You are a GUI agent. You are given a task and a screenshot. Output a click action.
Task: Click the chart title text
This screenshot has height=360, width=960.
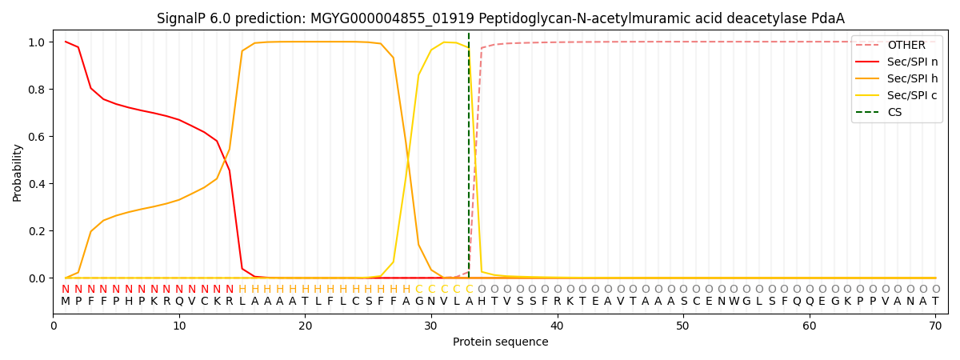tap(500, 18)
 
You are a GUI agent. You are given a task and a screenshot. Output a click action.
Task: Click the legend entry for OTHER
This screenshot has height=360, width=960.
tap(906, 46)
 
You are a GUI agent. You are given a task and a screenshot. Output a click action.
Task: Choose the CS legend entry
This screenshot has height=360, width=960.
tap(894, 113)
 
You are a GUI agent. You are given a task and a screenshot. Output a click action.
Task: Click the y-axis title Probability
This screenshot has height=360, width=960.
tap(18, 172)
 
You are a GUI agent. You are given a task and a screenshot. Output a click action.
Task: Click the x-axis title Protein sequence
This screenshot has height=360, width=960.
tap(500, 342)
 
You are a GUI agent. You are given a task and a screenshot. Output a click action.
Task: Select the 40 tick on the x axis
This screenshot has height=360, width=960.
tap(557, 326)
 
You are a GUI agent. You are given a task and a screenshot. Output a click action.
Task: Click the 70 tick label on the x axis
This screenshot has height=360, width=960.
tap(935, 326)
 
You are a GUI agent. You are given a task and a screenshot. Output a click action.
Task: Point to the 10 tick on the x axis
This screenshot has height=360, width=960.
tap(179, 326)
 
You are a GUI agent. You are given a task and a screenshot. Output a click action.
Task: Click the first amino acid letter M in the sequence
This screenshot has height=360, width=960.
tap(66, 302)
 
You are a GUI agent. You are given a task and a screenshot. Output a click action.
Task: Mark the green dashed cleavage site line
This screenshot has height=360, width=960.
tap(469, 160)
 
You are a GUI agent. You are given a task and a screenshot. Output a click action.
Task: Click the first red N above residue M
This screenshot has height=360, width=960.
tap(66, 289)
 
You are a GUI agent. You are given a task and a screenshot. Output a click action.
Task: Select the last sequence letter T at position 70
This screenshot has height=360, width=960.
tap(935, 302)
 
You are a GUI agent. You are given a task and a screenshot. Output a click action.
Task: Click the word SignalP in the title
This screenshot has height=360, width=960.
tap(182, 18)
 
